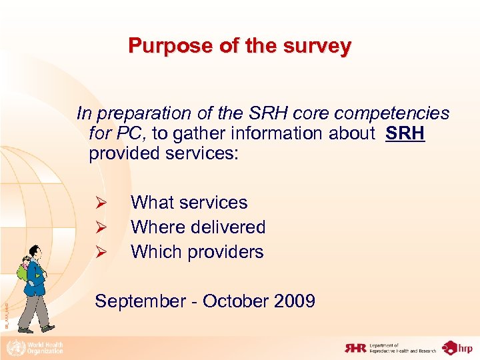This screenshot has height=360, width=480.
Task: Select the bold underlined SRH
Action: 405,133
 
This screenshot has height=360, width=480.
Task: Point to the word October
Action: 233,301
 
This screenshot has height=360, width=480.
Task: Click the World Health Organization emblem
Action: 13,347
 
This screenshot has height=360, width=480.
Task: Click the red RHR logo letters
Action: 357,347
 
